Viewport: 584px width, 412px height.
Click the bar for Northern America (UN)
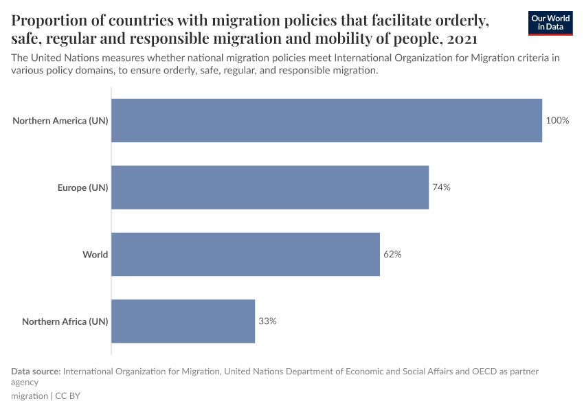(326, 120)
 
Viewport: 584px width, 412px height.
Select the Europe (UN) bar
(270, 187)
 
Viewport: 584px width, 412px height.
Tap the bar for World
(245, 254)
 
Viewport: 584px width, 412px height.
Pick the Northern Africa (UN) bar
(183, 321)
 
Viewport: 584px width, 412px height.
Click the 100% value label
(557, 120)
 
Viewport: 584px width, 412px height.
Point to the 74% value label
(441, 187)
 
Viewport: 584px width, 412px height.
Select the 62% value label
(392, 254)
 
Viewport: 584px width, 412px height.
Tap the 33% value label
(267, 321)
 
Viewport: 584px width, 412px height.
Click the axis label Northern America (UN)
(60, 121)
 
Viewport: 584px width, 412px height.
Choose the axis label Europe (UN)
(82, 187)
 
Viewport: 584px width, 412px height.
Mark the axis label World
(96, 255)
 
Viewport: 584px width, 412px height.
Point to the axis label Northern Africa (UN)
(65, 321)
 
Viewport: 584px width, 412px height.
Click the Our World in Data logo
(550, 23)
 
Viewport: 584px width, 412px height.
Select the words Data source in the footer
(35, 371)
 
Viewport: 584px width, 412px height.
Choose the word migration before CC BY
(30, 396)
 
